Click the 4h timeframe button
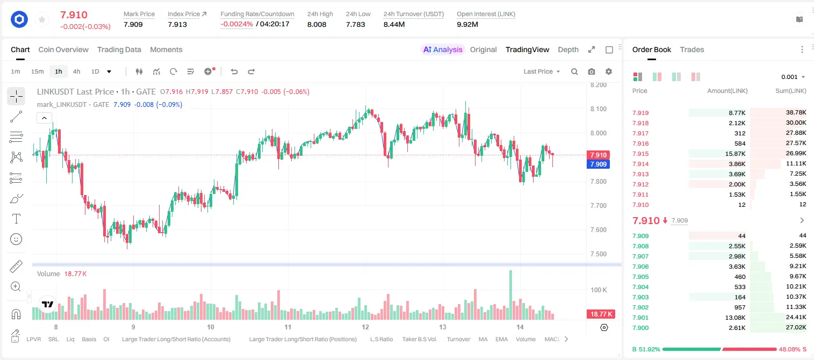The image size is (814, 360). coord(76,71)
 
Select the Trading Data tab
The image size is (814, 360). coord(119,49)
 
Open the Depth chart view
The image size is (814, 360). coord(568,49)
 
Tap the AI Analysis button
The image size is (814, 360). coord(443,49)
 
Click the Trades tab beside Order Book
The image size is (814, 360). coord(692,49)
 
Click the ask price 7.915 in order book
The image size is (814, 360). coord(640,154)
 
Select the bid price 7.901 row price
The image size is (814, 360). coord(640,318)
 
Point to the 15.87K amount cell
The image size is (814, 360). coord(735,154)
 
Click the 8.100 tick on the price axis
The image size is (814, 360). coord(598,109)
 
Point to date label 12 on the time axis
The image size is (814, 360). coord(365,327)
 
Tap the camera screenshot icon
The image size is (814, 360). coord(592,71)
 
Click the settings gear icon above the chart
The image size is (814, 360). coord(609,71)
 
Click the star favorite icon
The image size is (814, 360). coord(42,20)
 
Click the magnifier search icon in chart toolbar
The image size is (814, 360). coord(574,71)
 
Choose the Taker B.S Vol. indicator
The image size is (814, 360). coord(419,339)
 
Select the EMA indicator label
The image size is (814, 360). coord(501,339)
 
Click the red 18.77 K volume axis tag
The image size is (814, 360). coord(601,314)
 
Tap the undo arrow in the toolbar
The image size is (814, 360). coord(234,71)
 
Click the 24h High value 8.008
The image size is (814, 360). coord(317,24)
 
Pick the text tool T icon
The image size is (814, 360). coord(16,219)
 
